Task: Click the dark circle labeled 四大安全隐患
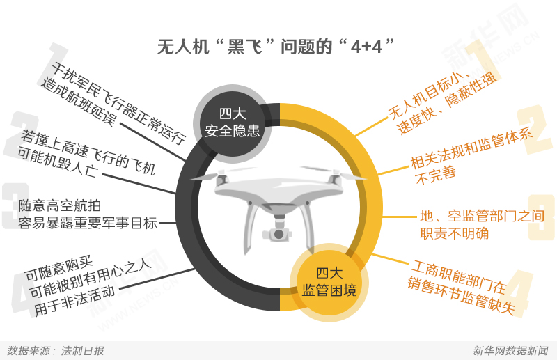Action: (x=233, y=123)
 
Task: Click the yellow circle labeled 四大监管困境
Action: (x=329, y=283)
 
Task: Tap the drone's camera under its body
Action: (x=278, y=233)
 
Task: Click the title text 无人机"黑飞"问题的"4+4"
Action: (x=276, y=46)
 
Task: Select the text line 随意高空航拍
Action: (x=60, y=205)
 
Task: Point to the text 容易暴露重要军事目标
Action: (x=88, y=224)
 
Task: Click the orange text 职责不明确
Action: (x=455, y=233)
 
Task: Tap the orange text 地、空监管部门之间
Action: (x=482, y=216)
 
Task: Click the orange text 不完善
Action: (x=436, y=175)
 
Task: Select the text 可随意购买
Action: (x=59, y=269)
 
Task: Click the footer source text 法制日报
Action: (x=82, y=351)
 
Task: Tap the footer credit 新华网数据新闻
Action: (x=510, y=351)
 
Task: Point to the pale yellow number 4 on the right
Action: (x=517, y=294)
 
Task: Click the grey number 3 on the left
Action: (x=15, y=206)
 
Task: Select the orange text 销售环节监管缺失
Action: (x=461, y=297)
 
